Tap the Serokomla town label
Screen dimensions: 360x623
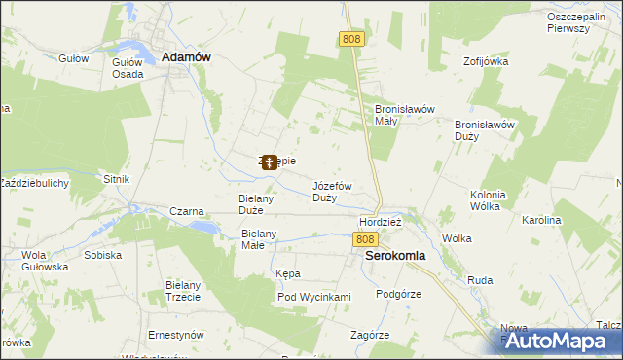pos(394,257)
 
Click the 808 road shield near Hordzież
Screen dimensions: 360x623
pos(364,239)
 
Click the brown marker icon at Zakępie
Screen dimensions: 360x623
pos(269,162)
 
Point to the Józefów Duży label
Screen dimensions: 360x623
pos(332,191)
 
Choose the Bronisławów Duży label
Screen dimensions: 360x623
pos(485,130)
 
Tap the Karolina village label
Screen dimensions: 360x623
pos(541,221)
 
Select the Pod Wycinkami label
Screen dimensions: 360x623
pos(313,297)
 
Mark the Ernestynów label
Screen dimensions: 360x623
pos(175,335)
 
